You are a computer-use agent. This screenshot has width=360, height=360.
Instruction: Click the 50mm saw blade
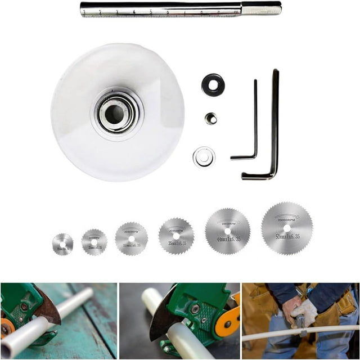tap(287, 228)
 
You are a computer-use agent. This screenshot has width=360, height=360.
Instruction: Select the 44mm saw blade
tap(227, 231)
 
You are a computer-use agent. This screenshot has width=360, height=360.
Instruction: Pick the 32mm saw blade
tap(131, 238)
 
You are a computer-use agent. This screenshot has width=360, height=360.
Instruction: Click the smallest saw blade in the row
tap(62, 244)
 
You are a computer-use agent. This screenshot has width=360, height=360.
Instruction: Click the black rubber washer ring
tap(213, 85)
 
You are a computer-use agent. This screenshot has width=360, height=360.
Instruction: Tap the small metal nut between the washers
tap(211, 118)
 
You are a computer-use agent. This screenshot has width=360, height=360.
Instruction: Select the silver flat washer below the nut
tap(204, 157)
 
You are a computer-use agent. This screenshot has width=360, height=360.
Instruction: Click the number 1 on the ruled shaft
tap(84, 11)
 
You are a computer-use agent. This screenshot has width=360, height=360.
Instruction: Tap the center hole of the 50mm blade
tap(287, 228)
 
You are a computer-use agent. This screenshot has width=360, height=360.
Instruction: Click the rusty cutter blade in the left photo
tap(48, 307)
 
